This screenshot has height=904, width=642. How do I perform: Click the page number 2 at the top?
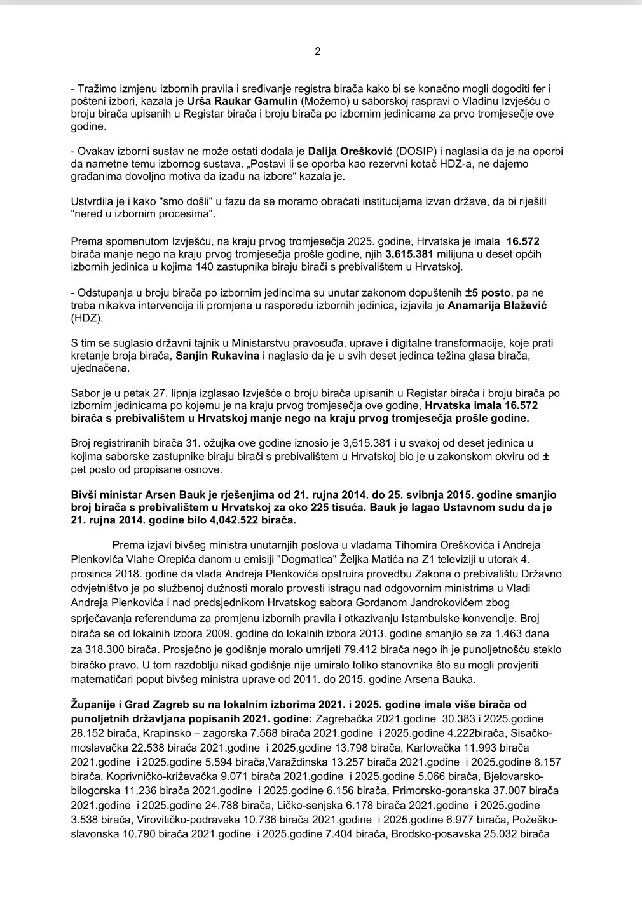tap(318, 51)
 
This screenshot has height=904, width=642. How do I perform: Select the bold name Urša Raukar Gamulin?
tap(242, 101)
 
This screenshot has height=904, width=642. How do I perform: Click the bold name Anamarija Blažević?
tap(498, 306)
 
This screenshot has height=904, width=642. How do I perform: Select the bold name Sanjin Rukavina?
tap(217, 356)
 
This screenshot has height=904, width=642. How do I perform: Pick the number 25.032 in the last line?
tap(498, 833)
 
